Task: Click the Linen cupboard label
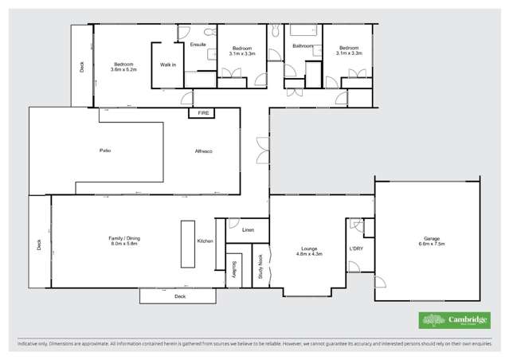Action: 249,230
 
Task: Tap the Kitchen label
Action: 205,241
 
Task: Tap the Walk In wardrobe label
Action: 168,65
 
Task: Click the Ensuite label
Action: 198,45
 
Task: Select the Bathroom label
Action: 303,46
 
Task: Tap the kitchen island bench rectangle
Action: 187,244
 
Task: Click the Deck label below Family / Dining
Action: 180,295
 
